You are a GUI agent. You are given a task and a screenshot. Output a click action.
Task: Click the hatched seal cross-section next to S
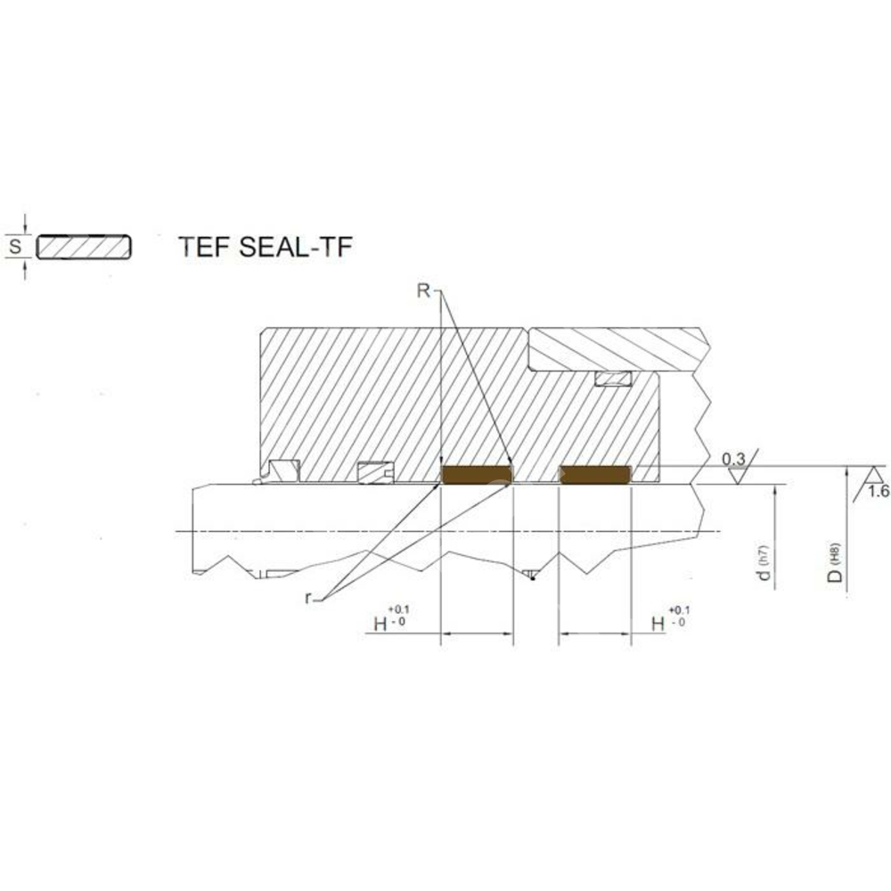[85, 247]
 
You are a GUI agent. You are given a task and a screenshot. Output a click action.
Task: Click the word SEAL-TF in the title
[296, 247]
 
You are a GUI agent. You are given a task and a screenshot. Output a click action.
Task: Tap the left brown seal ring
[478, 475]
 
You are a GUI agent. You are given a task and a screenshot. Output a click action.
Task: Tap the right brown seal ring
[594, 475]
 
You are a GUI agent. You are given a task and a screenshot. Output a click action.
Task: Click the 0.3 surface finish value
[732, 459]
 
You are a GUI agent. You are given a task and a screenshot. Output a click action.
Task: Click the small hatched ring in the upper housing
[613, 380]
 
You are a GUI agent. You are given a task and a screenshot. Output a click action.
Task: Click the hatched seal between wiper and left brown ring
[374, 473]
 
